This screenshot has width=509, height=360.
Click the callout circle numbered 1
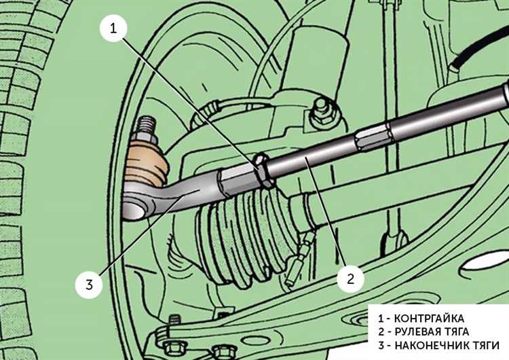[113, 29]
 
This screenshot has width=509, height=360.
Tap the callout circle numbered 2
[351, 278]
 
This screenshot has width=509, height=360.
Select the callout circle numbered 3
[89, 285]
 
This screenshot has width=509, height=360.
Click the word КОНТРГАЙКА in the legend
[429, 318]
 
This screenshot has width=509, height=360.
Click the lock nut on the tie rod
[263, 170]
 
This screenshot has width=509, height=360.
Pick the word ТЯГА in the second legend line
[457, 331]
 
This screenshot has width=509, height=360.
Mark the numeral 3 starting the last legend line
[381, 345]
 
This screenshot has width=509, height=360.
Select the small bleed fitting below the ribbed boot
[299, 259]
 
